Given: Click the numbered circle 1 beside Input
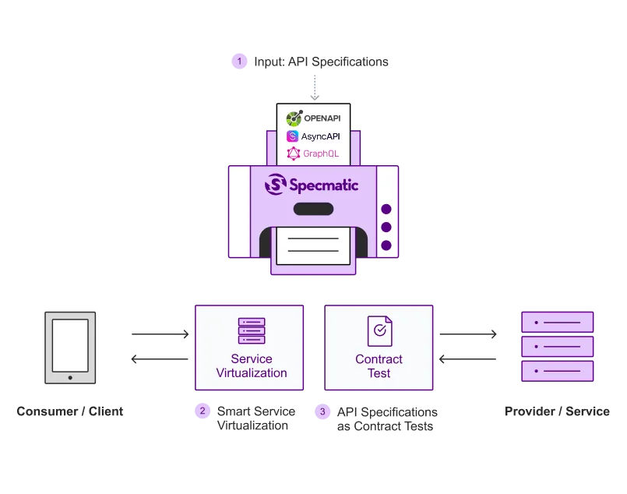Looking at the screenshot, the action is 239,62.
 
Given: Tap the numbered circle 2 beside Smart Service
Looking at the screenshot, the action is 203,411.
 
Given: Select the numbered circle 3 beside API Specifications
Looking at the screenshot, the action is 322,411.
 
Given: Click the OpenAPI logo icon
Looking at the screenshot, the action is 294,118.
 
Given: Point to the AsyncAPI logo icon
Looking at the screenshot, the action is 292,136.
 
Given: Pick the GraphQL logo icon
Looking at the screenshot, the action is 293,153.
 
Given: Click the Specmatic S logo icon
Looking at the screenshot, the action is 276,185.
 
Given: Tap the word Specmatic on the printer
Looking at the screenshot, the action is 323,185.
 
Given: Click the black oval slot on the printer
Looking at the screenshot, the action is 313,209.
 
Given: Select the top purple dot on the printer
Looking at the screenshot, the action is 386,209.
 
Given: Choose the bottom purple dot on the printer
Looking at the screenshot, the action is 386,245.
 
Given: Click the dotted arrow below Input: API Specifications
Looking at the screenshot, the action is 315,87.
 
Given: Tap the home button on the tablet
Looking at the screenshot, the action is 70,378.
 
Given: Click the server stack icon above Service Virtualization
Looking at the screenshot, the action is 252,331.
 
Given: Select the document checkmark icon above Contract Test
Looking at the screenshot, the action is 380,331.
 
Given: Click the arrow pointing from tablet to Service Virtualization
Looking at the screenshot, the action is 160,334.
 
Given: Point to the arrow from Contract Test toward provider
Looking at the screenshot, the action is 468,334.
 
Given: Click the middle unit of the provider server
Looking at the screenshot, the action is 558,347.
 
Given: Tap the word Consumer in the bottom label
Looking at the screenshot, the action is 48,411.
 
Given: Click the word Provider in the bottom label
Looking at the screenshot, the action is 530,411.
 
